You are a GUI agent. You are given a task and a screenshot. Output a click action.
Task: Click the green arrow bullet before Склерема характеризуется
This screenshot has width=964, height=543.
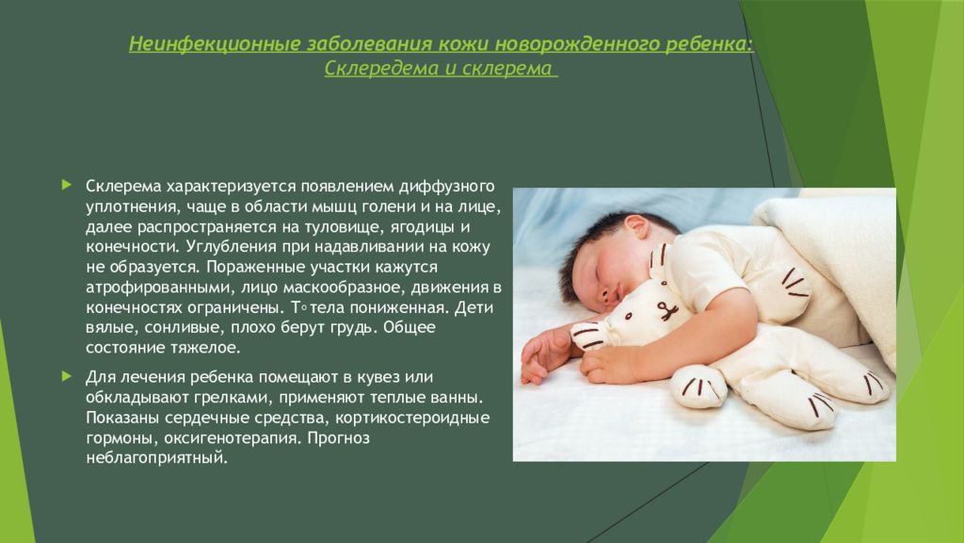coord(67,185)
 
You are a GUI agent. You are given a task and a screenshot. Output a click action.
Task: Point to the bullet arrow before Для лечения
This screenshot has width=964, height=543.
coord(67,376)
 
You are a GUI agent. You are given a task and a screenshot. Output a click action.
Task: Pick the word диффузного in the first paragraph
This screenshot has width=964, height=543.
coord(447,186)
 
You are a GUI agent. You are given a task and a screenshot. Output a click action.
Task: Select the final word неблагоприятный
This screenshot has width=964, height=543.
coord(157,458)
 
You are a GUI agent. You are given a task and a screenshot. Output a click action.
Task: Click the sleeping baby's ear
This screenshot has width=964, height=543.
coord(635,228)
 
